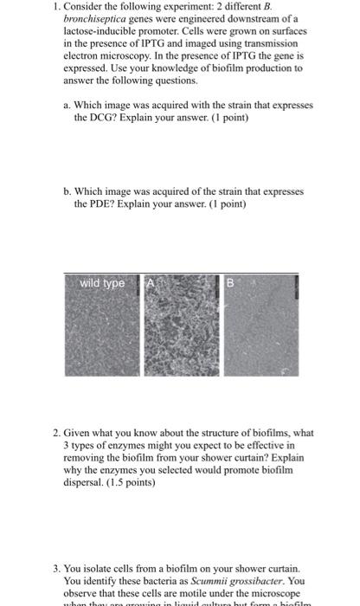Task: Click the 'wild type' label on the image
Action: (102, 283)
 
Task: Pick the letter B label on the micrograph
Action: (230, 283)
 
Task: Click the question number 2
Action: (54, 433)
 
